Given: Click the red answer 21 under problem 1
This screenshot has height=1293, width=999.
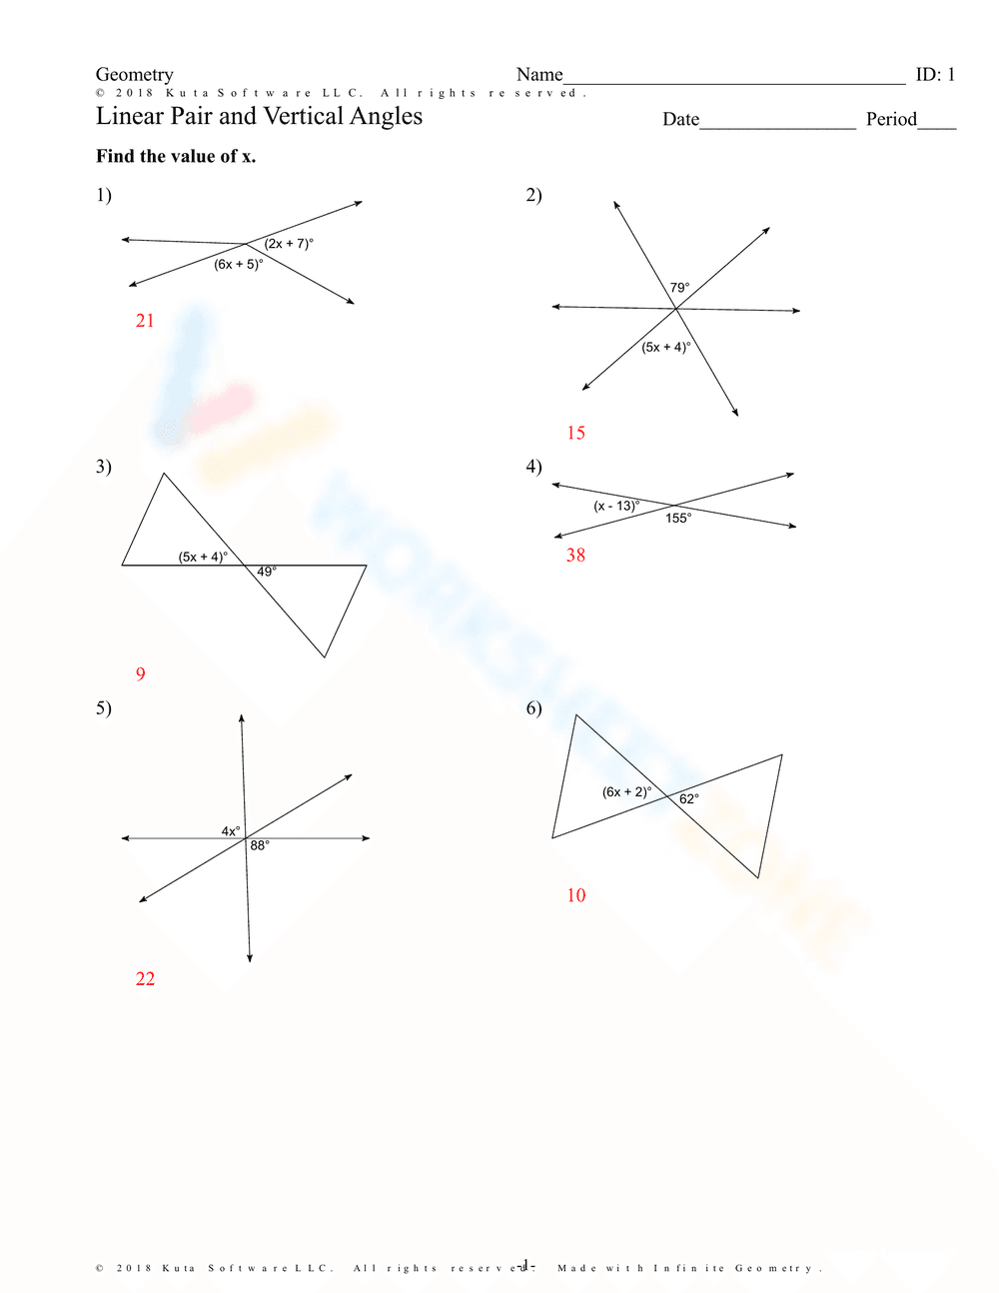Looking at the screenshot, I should tap(145, 321).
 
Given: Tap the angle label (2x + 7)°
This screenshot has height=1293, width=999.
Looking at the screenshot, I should tap(289, 244).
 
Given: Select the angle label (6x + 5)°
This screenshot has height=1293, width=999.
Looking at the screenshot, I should tap(238, 265).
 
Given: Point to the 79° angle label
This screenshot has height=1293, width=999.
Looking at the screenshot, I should tap(679, 288).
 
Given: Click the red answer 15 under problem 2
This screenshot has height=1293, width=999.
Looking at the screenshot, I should tap(575, 433).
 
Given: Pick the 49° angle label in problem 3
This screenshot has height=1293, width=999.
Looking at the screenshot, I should tap(267, 572).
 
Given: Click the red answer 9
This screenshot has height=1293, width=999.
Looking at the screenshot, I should tap(140, 674).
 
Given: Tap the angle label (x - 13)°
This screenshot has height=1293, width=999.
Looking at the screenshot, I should tap(616, 506).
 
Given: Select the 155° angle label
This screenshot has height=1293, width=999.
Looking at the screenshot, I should tap(678, 518).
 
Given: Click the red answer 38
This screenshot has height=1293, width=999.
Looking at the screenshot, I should tap(575, 556).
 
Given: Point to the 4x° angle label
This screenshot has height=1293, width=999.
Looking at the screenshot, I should tap(231, 831).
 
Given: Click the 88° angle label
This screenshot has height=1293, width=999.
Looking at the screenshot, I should tap(260, 845).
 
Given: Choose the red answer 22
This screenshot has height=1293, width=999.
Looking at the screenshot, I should tap(145, 979).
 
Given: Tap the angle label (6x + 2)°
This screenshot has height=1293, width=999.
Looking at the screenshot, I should tap(626, 792).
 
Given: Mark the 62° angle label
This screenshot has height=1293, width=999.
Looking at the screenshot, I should tap(689, 799).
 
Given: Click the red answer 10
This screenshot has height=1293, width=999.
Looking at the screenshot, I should tap(575, 895).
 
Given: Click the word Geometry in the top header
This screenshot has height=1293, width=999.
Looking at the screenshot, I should tap(134, 75).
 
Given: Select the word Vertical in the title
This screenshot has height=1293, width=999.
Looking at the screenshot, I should tap(302, 117).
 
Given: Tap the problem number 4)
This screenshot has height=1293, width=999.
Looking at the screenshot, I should tap(533, 467).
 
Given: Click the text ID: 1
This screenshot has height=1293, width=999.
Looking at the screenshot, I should tap(935, 75).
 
